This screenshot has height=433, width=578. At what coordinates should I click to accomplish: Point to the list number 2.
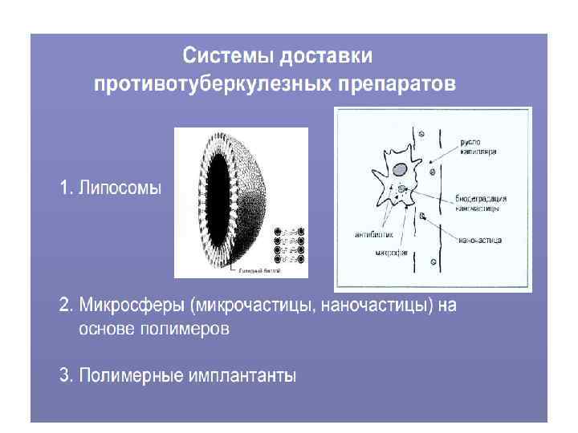(x=64, y=306)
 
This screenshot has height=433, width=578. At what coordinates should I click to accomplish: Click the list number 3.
(x=64, y=375)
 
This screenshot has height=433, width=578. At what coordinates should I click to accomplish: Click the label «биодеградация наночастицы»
(x=478, y=200)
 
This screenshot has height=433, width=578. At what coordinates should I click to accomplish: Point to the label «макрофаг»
(x=392, y=253)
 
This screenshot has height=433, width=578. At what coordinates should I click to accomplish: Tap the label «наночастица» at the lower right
(x=481, y=239)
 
